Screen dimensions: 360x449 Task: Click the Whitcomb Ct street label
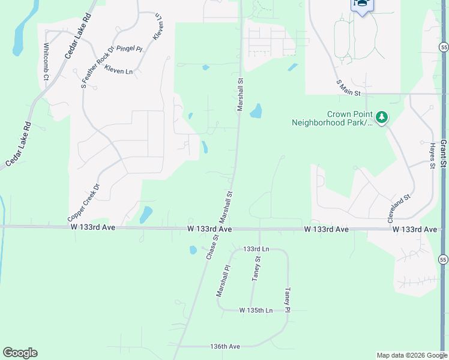click(46, 61)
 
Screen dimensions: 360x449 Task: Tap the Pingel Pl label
click(129, 49)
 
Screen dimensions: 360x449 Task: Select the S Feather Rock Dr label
click(97, 68)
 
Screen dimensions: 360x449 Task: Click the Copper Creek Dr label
click(83, 202)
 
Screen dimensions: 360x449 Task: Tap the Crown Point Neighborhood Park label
click(331, 118)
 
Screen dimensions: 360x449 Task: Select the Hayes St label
click(432, 155)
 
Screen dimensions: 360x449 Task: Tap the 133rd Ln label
click(256, 248)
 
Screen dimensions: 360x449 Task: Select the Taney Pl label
click(288, 300)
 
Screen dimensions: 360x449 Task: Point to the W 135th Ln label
click(256, 310)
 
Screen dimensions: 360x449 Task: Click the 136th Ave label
click(226, 346)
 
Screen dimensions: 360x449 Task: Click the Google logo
click(20, 353)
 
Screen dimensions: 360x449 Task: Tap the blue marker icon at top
click(361, 4)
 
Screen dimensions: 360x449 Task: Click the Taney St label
click(256, 268)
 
